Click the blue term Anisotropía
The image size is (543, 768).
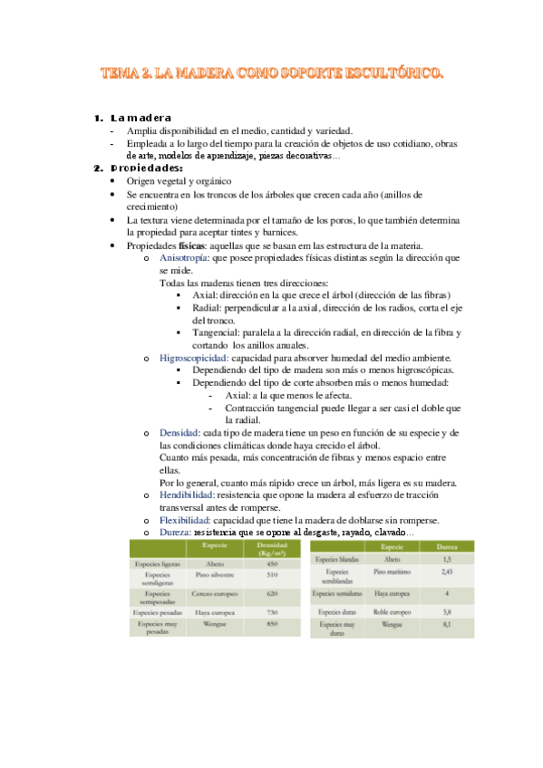182,257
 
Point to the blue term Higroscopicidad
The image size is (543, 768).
193,358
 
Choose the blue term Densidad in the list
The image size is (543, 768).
178,433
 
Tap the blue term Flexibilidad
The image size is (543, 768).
185,520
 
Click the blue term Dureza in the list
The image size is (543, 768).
174,533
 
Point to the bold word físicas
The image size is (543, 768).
190,245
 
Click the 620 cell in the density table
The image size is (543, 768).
272,594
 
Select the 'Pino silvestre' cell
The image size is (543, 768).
215,574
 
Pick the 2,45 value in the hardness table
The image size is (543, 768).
445,572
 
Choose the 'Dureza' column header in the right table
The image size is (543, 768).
446,548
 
